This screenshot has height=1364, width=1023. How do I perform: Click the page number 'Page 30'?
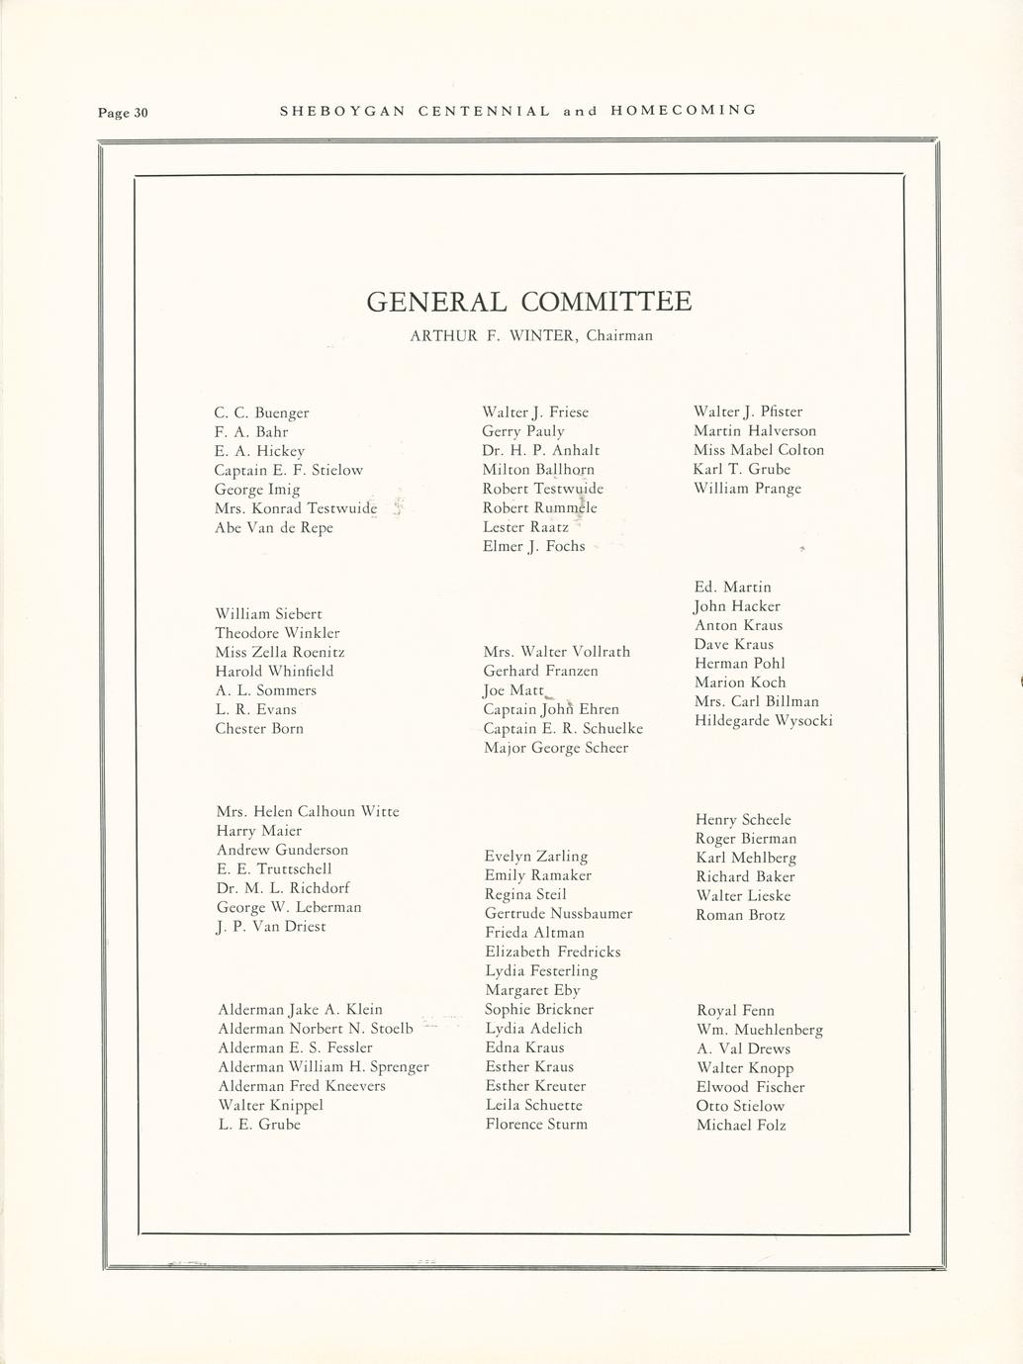coord(122,112)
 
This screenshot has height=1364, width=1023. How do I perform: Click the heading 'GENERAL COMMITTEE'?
coord(528,302)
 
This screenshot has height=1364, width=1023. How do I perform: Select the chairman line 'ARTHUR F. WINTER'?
coord(531,335)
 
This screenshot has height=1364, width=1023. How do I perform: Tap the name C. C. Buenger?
coord(261,412)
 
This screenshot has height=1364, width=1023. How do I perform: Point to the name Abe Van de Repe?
coord(274,527)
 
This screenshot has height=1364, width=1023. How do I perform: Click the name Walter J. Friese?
coord(535,411)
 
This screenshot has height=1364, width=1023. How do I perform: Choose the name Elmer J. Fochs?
coord(533,546)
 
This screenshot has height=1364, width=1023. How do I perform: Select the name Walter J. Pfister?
coord(748,411)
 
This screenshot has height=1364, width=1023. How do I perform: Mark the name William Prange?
coord(747,489)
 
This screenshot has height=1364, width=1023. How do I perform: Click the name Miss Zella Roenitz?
coord(280,652)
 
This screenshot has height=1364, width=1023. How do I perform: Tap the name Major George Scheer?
coord(556,748)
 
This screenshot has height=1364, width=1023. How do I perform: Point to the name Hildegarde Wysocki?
coord(764,720)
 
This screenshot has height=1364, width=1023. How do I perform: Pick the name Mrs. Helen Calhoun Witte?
coord(308,811)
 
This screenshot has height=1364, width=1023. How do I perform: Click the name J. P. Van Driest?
coord(271,927)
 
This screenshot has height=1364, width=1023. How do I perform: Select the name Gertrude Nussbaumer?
coord(559,914)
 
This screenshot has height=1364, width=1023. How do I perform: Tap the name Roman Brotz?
coord(741,915)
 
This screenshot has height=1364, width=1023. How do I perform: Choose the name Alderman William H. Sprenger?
coord(324,1067)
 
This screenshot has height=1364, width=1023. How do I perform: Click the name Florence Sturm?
coord(536,1125)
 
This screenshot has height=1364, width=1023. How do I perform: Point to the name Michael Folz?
coord(741,1126)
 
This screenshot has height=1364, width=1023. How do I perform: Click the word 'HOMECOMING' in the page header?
coord(684,110)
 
